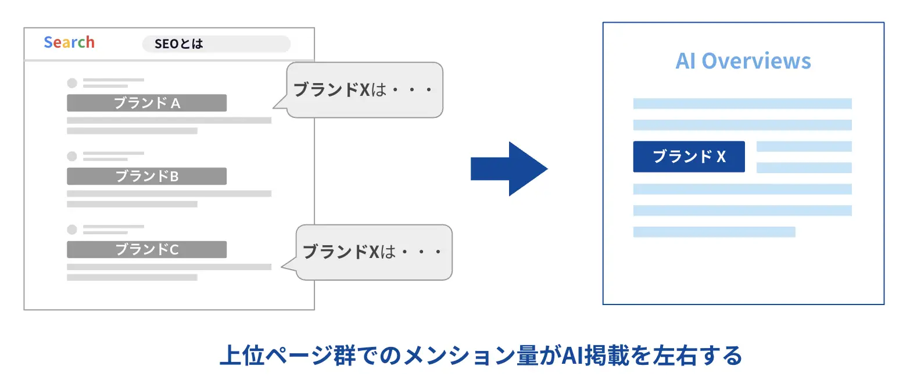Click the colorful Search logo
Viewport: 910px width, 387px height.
click(x=69, y=42)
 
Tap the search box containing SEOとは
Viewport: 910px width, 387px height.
click(x=216, y=44)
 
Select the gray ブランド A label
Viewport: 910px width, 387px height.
click(x=146, y=103)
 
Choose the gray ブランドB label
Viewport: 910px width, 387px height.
click(x=146, y=176)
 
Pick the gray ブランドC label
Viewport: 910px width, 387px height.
click(x=146, y=249)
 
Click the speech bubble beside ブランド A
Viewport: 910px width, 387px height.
click(x=364, y=90)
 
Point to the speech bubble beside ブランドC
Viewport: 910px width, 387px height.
click(x=372, y=252)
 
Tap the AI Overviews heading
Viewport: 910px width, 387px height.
click(x=743, y=61)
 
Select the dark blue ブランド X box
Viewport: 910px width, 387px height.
click(x=689, y=156)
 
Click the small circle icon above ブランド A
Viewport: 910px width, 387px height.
click(x=72, y=83)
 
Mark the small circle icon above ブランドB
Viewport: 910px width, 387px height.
click(x=72, y=156)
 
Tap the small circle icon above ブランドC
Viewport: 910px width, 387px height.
click(x=72, y=229)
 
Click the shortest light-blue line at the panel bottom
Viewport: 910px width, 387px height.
click(x=714, y=232)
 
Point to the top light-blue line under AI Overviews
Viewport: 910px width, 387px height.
click(x=742, y=103)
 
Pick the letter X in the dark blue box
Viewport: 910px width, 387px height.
click(x=721, y=157)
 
